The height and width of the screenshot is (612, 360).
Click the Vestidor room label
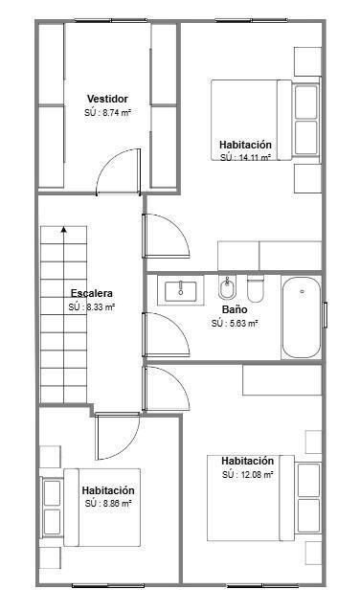pos(107,99)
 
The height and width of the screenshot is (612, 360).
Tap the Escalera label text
pos(92,293)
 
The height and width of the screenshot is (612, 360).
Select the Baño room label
pos(235,309)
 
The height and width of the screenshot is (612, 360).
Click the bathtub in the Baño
pos(302,317)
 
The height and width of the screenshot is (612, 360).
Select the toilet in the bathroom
pos(256,289)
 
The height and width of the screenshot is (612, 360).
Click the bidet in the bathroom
pos(227,288)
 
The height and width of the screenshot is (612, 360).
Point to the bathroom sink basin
pos(181,291)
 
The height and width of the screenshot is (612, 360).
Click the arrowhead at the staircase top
pos(63,229)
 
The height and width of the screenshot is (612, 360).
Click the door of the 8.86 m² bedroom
pos(118,437)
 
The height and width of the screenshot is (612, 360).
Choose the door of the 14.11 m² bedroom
pos(167,237)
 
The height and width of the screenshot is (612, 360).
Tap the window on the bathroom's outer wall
pos(325,314)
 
